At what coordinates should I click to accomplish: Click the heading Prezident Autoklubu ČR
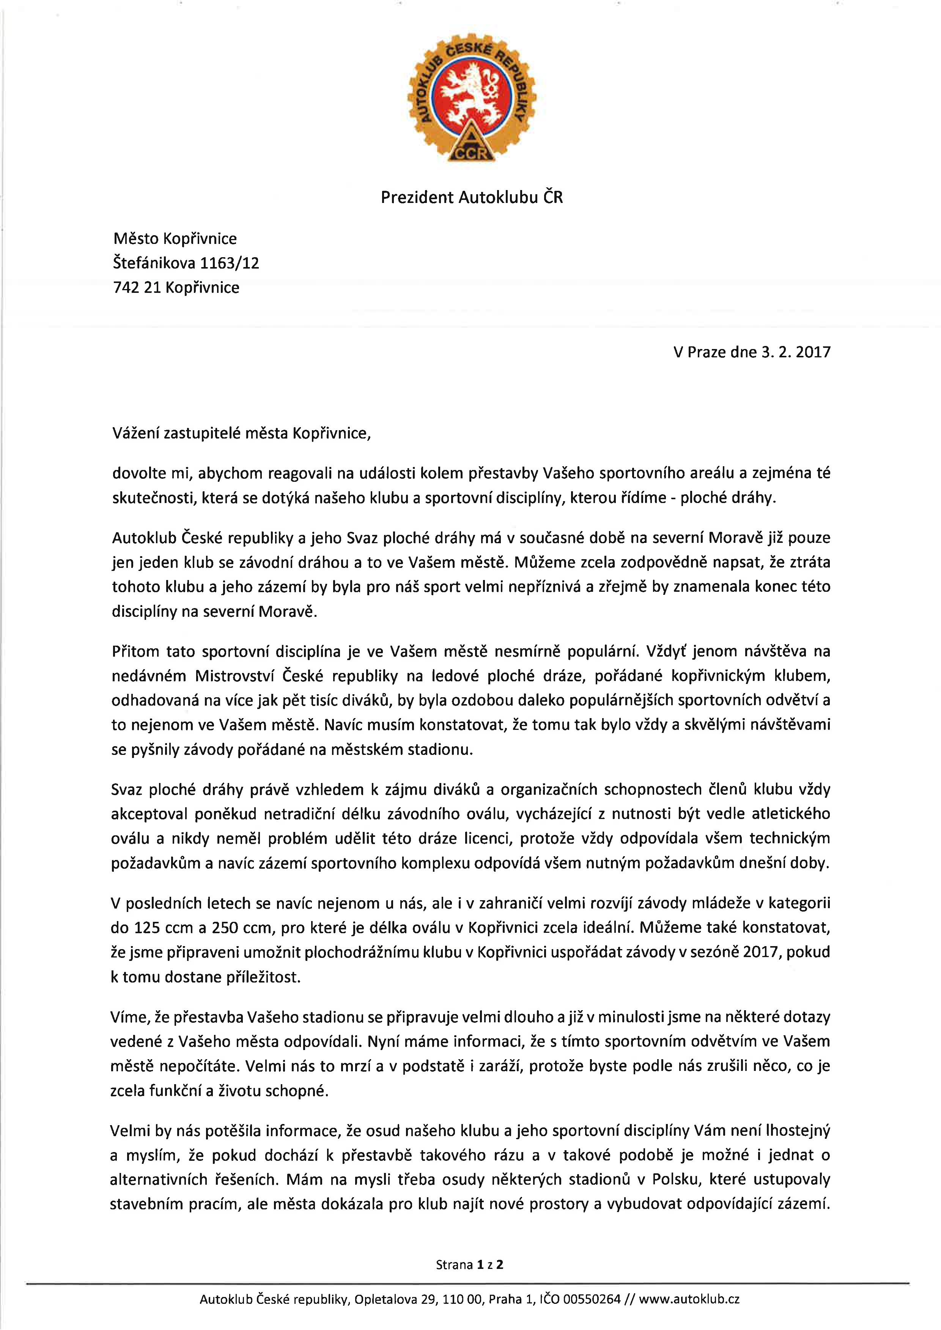[x=472, y=198]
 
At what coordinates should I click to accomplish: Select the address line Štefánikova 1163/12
[x=186, y=264]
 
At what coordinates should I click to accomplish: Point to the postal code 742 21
[x=136, y=288]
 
